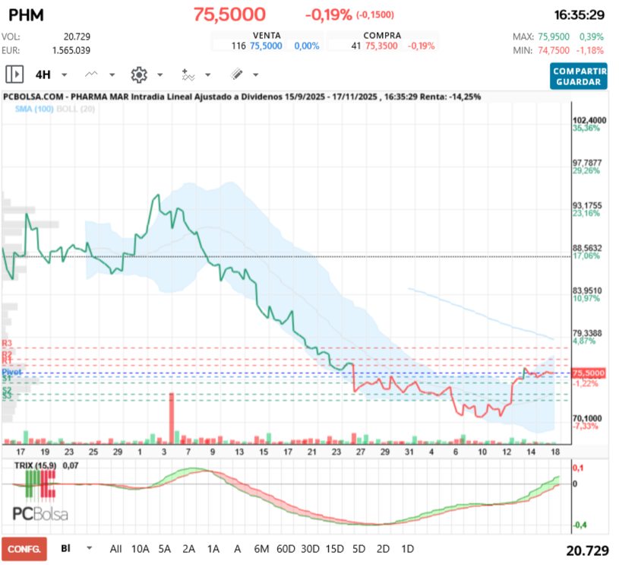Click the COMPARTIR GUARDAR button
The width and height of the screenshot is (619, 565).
coord(580,76)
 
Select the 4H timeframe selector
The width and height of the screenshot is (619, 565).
coord(43,75)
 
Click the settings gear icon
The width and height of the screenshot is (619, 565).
coord(138,75)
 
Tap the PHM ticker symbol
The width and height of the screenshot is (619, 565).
coord(27,15)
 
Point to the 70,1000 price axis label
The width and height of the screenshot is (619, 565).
coord(589,418)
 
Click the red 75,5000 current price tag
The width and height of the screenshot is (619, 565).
coord(589,373)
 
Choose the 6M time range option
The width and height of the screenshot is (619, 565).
coord(261,548)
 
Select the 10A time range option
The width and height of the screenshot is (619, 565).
coord(141,548)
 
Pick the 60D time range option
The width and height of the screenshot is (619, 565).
coord(286,548)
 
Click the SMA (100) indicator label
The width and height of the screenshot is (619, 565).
coord(34,109)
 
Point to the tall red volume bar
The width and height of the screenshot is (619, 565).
coord(172,416)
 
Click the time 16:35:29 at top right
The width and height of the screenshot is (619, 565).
coord(580,15)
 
